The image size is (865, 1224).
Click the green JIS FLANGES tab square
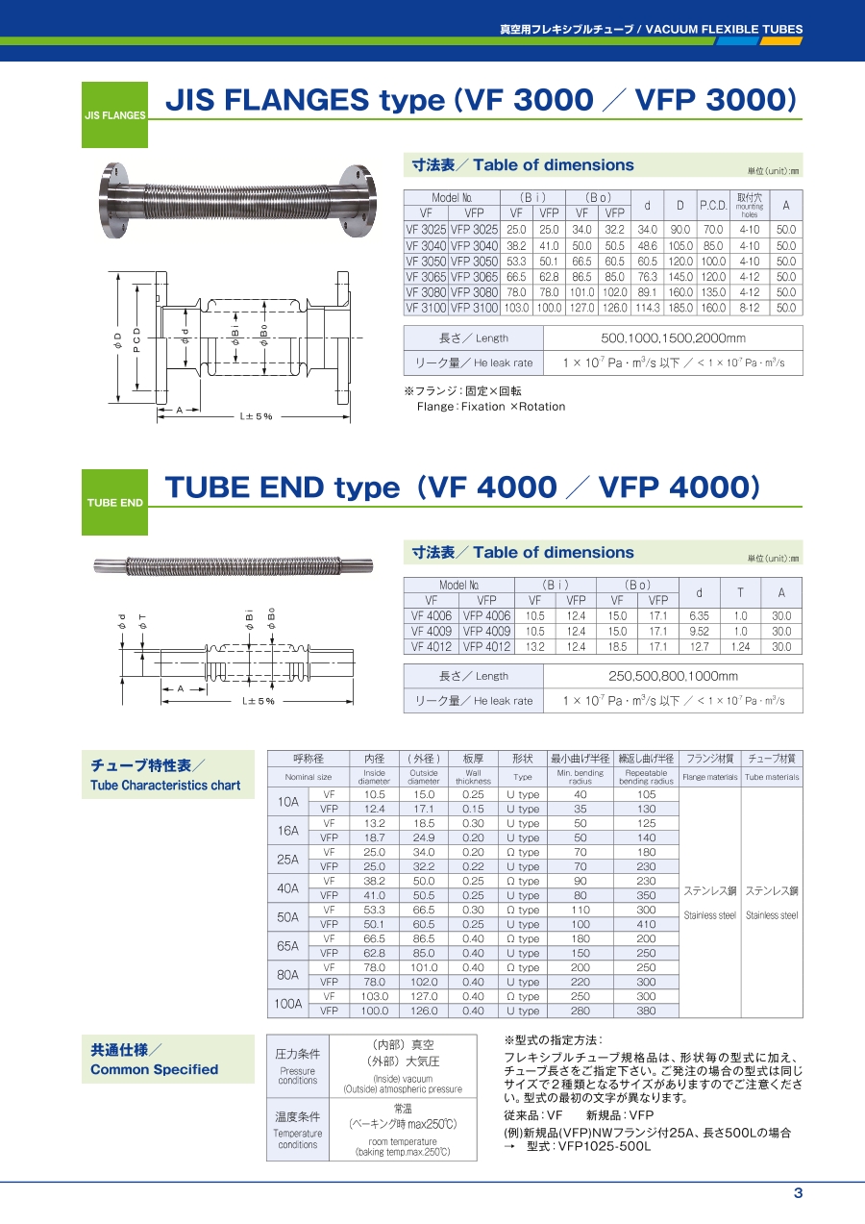tap(114, 114)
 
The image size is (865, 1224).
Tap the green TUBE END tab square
tap(114, 502)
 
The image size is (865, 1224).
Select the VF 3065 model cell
tap(426, 277)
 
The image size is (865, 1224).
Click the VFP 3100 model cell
tap(474, 309)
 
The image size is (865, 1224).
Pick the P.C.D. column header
tap(713, 206)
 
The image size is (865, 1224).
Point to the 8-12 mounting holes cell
tap(750, 309)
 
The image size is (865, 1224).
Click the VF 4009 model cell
tap(432, 632)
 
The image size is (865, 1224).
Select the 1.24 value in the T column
tap(740, 647)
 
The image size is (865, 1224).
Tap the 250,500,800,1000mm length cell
tap(673, 676)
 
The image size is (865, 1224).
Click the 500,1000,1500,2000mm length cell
tap(673, 338)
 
